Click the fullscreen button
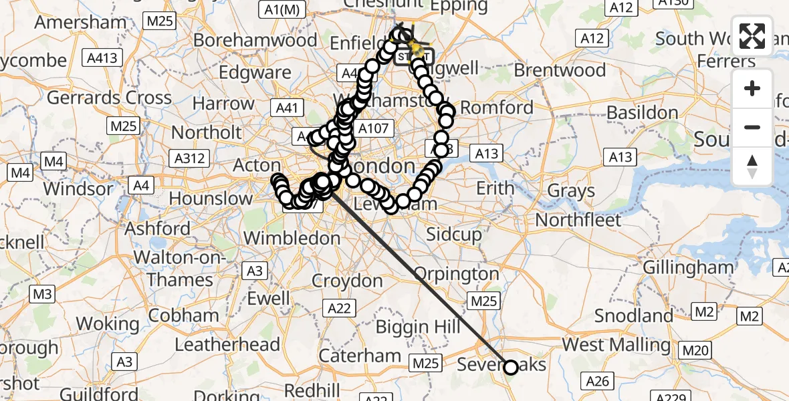click(x=752, y=36)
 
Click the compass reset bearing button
click(x=752, y=166)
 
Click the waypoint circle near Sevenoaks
click(x=511, y=367)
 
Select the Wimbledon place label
click(x=292, y=237)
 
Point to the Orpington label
click(x=457, y=274)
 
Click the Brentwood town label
click(x=560, y=70)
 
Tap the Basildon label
click(x=642, y=112)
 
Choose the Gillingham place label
click(x=688, y=267)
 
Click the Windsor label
click(x=78, y=188)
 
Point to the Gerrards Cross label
click(x=109, y=98)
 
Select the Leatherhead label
click(x=227, y=345)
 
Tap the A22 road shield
click(x=340, y=308)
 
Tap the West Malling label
click(x=616, y=345)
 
